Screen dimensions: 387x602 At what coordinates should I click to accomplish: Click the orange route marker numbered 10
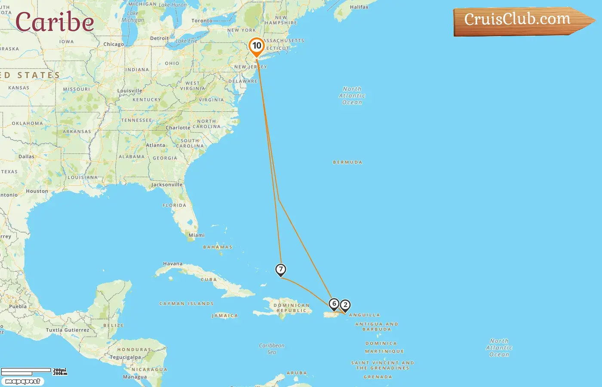(257, 46)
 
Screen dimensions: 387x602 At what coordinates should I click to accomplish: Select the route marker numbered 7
(281, 270)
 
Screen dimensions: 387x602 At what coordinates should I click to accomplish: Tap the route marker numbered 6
(334, 304)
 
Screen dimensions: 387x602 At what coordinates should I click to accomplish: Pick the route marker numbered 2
(345, 305)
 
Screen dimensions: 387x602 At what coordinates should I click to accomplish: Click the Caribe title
(55, 22)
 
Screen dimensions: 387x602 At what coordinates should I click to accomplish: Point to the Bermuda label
(347, 163)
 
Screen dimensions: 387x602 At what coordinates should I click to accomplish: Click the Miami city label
(197, 235)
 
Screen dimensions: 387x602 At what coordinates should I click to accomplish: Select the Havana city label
(172, 264)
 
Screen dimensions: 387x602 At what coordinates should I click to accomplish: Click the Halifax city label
(359, 7)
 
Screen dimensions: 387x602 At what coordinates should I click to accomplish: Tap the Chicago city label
(114, 44)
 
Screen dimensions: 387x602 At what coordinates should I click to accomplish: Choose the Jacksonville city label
(167, 185)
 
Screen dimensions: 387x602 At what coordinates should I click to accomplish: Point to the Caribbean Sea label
(272, 349)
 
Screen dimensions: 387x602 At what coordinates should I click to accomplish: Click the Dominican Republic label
(292, 308)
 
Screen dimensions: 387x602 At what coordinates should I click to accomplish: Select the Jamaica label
(225, 316)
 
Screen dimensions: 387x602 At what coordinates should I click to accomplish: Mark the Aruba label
(297, 373)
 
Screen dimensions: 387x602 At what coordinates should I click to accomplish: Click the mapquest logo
(23, 381)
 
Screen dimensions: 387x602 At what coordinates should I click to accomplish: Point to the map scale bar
(26, 371)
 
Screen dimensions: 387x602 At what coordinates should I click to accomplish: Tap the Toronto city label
(202, 21)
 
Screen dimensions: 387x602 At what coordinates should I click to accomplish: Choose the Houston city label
(37, 191)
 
